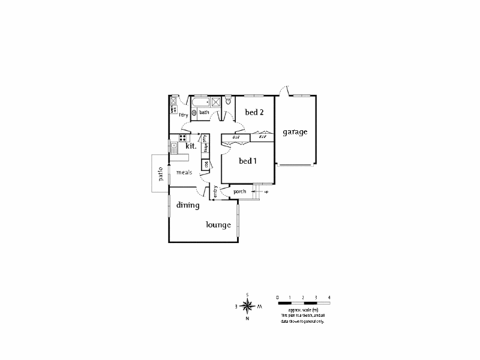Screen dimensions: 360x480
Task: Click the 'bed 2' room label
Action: tap(255, 112)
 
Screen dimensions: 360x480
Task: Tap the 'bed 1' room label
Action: tap(248, 161)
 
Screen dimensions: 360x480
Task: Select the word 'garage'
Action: tap(295, 131)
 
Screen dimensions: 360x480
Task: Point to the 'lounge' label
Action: tap(218, 225)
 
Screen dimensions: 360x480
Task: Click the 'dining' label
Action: tap(188, 205)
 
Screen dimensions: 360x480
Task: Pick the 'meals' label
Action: tap(184, 172)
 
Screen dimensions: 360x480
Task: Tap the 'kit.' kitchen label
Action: tap(191, 146)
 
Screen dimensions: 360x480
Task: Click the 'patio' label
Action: tap(160, 174)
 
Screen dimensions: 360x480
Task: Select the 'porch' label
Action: tap(240, 191)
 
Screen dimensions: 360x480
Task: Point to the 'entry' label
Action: tap(215, 192)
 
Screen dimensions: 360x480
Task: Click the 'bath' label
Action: tap(204, 112)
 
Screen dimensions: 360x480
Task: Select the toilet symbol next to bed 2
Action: tap(229, 101)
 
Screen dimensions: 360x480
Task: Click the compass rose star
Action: tap(247, 305)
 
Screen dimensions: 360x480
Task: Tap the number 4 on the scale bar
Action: tap(329, 298)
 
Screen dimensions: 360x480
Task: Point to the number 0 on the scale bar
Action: tap(278, 298)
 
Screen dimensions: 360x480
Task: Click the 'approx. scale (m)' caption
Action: tap(303, 310)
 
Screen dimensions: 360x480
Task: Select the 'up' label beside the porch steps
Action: tap(266, 192)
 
